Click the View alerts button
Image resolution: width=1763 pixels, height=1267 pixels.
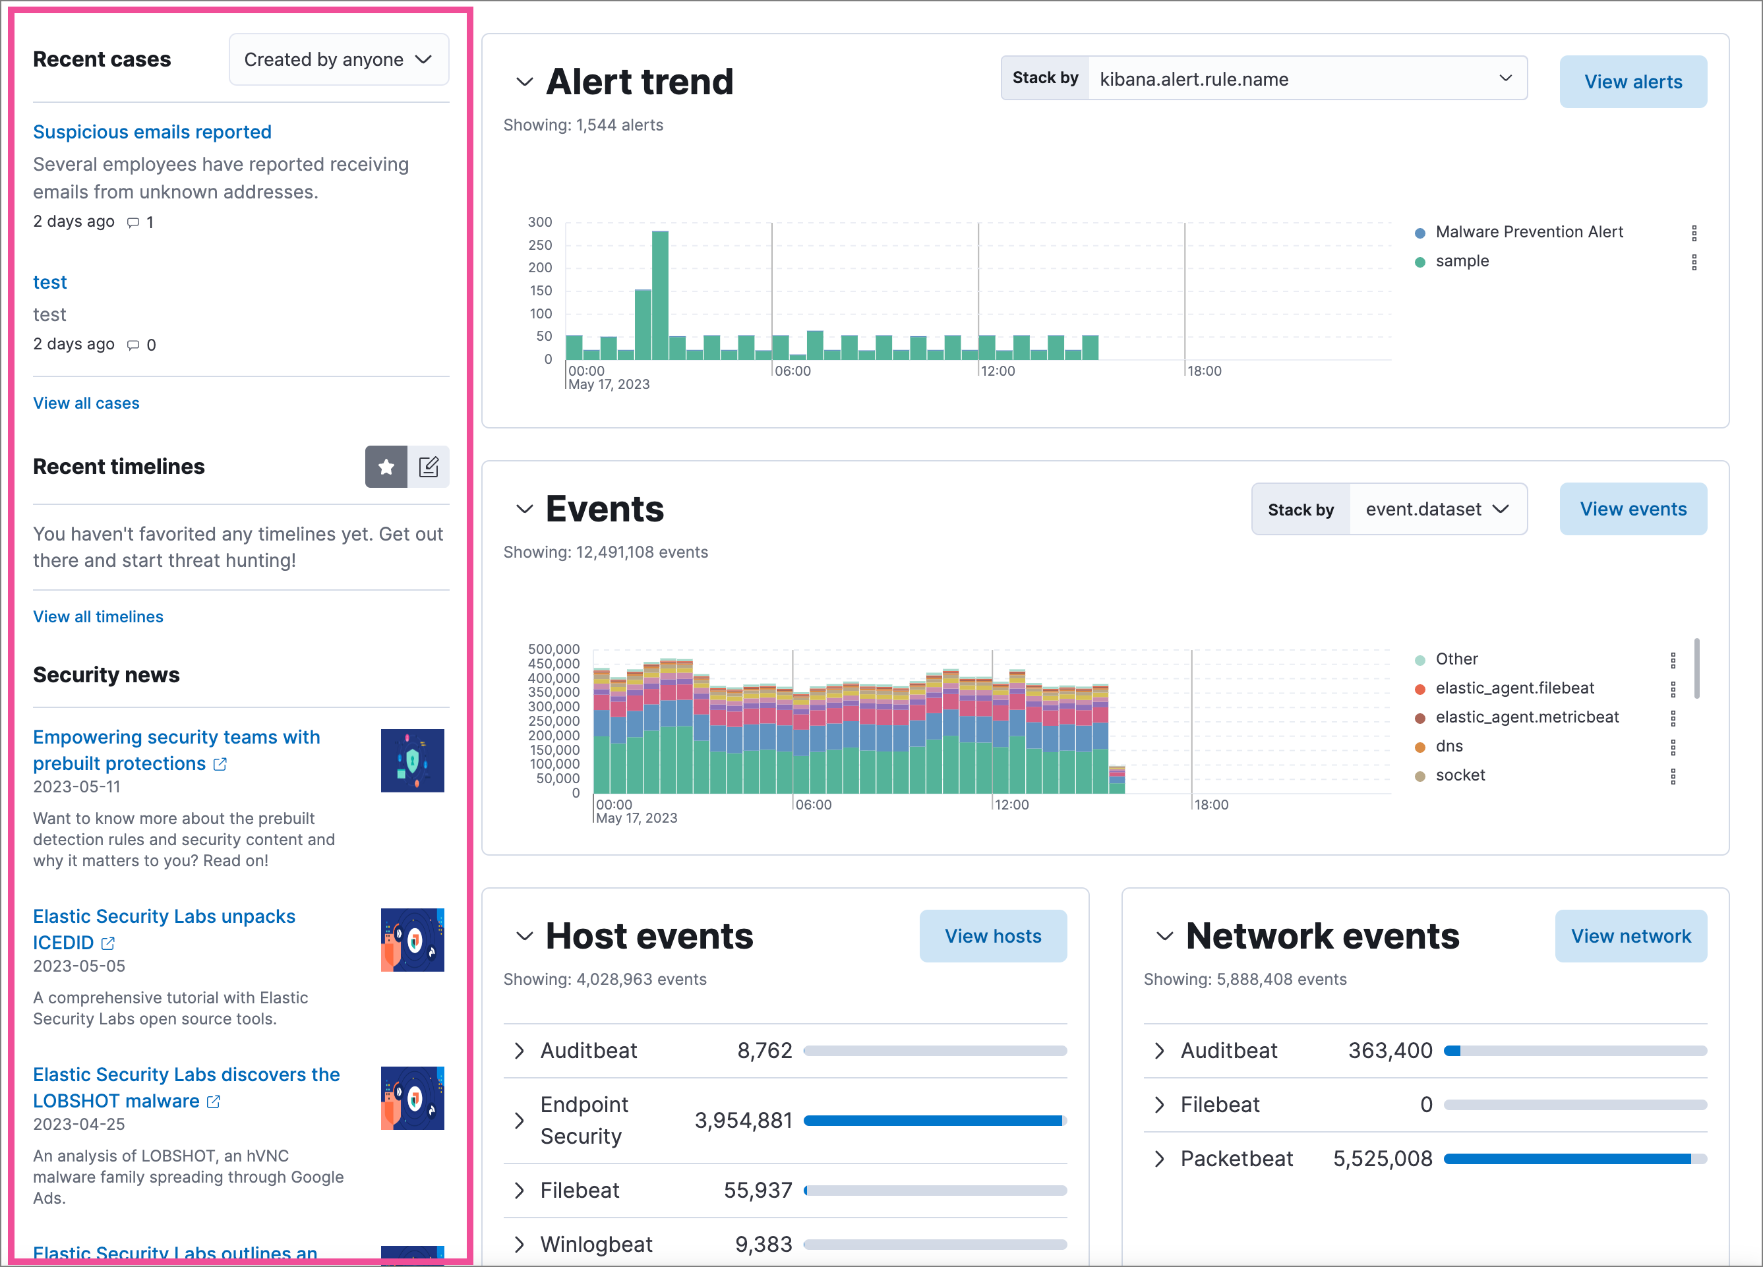tap(1632, 82)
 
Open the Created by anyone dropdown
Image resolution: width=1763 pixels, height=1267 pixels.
tap(338, 60)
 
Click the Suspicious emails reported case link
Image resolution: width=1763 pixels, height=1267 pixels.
tap(152, 132)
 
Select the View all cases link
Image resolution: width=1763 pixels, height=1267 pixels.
tap(86, 403)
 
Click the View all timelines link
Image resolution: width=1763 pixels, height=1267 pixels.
tap(98, 616)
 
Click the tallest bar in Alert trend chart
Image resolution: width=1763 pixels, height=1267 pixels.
tap(660, 295)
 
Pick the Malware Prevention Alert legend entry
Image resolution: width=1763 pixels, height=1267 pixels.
tap(1528, 231)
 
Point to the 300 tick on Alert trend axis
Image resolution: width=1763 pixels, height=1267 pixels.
tap(539, 222)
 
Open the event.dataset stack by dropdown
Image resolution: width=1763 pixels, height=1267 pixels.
tap(1437, 509)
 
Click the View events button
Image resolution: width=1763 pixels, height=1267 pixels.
tap(1632, 509)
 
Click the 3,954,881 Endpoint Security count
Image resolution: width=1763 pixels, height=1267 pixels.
tap(742, 1120)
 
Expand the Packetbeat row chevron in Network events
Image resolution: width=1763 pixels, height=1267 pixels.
tap(1159, 1159)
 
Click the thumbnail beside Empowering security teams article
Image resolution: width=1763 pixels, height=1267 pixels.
tap(412, 760)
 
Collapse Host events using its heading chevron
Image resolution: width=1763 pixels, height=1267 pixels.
tap(524, 937)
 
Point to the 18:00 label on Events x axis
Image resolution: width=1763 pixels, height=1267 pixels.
tap(1210, 804)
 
